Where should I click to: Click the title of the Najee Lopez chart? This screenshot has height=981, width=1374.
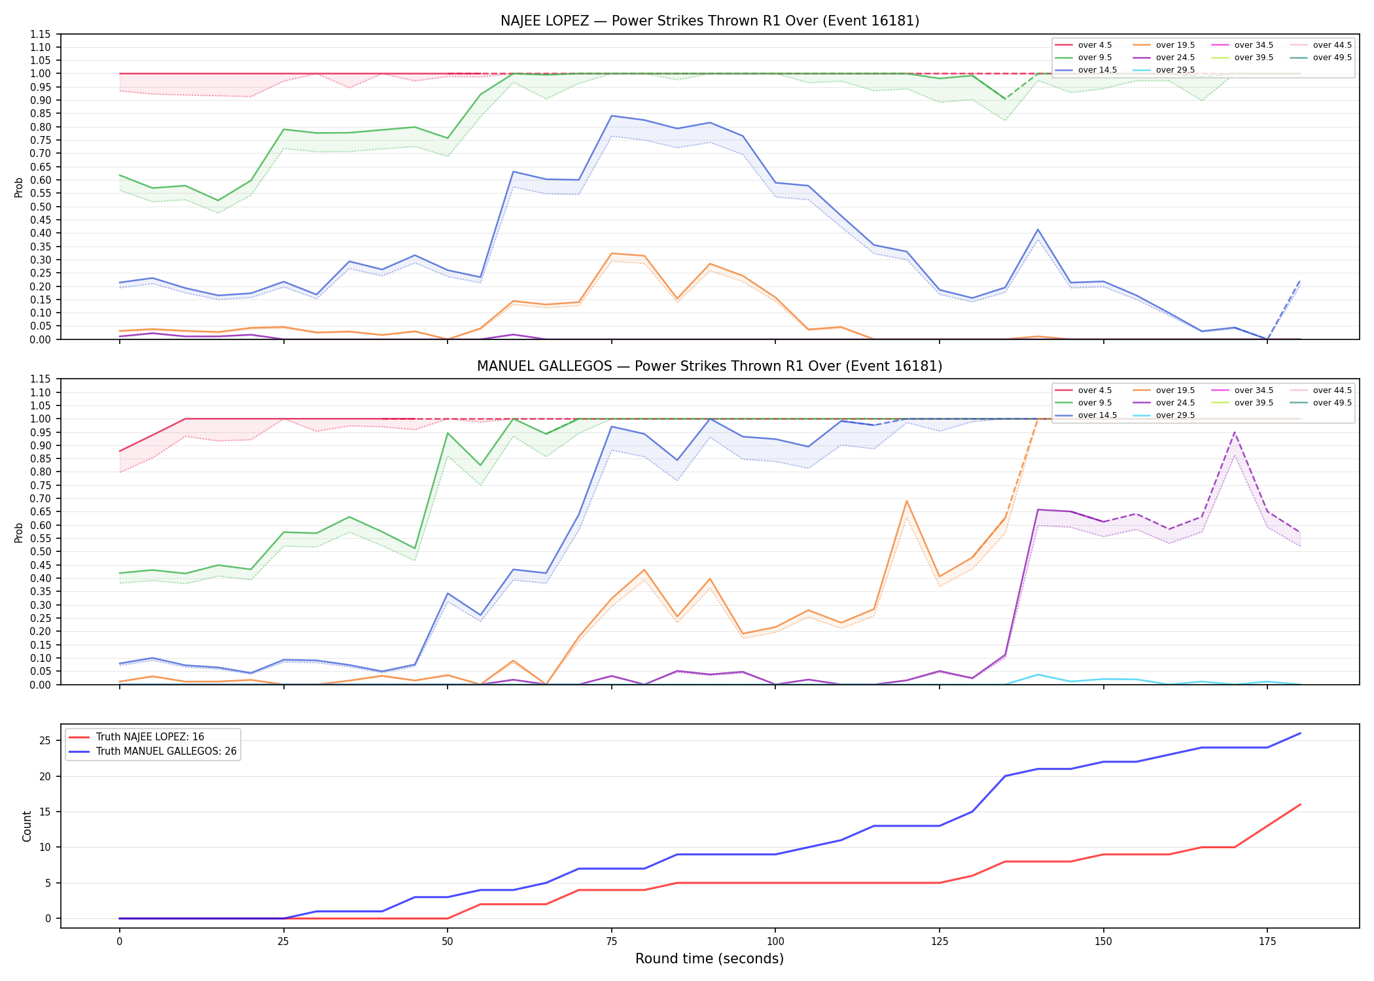(710, 21)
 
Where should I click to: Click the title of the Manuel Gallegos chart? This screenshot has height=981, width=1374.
(710, 366)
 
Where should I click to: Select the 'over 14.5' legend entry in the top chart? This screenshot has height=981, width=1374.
(1086, 70)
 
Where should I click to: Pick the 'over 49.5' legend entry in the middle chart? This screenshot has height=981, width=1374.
(1321, 403)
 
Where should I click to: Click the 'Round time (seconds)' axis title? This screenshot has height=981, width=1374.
(709, 959)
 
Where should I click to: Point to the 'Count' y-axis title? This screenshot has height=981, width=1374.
(27, 826)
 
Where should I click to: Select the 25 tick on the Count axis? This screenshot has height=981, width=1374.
(45, 741)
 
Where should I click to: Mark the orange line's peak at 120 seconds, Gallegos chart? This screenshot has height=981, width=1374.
(906, 501)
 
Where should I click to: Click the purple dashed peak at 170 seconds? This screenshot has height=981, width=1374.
(1234, 432)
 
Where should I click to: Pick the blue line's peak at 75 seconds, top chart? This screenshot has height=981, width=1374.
(611, 116)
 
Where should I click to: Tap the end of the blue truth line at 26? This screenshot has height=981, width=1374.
(1300, 733)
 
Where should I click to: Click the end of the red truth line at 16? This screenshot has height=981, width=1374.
(1300, 804)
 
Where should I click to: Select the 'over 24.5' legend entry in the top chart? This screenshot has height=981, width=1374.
(1165, 58)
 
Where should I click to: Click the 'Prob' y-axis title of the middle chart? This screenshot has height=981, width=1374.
(19, 532)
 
